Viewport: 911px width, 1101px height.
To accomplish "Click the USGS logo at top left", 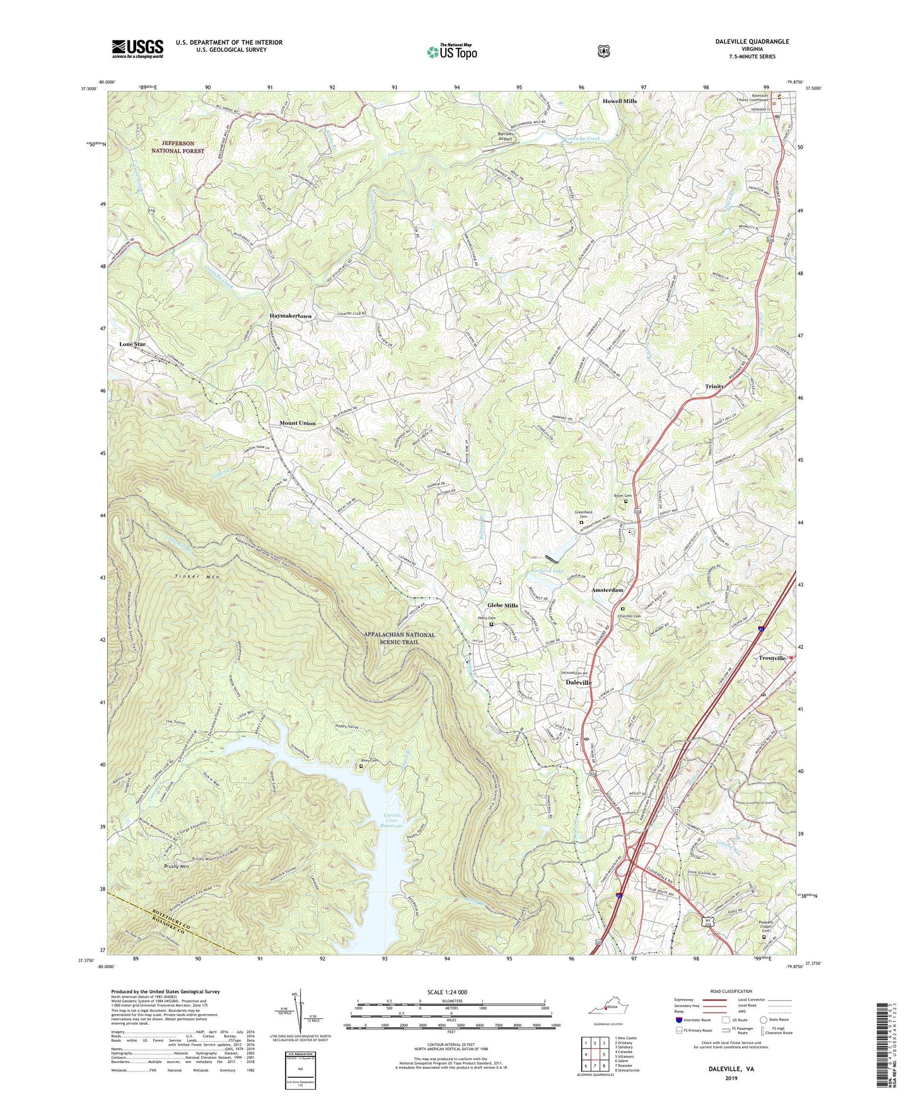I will click(x=137, y=49).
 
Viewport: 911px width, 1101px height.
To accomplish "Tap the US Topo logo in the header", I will click(x=451, y=52).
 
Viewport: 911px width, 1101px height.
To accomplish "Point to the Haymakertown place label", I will click(x=291, y=315).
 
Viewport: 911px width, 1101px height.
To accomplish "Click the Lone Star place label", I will click(x=132, y=345).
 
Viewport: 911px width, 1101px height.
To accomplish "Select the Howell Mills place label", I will click(x=619, y=101).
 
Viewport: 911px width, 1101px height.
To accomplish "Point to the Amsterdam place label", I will click(x=607, y=590).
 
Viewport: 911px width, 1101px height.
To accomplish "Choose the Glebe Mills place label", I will click(x=502, y=605).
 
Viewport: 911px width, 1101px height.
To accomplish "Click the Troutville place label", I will click(x=772, y=658).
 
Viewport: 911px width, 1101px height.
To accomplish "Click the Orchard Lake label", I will click(x=545, y=571).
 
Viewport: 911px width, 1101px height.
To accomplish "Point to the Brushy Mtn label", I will click(x=176, y=866).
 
